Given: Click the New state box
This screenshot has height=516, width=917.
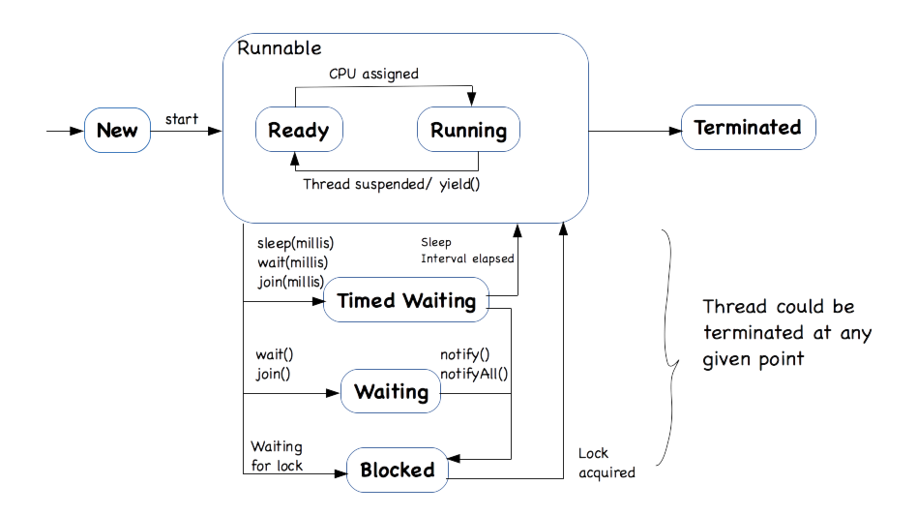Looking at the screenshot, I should tap(117, 130).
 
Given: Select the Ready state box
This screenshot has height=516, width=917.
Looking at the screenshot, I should tap(298, 130).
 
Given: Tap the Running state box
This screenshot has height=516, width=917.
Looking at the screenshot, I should tap(468, 130).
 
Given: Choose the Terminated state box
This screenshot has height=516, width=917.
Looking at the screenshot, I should tap(748, 128).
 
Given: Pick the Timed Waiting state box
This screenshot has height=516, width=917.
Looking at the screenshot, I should tap(406, 301).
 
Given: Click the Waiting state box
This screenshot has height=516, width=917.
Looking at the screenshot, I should tap(391, 391).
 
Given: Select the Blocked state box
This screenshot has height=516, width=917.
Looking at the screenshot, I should tap(398, 470).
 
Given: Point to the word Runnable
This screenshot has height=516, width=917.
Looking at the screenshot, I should tap(280, 47).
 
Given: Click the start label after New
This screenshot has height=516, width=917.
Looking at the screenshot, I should tap(182, 119).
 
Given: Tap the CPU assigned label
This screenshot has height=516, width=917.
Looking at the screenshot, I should tap(373, 73).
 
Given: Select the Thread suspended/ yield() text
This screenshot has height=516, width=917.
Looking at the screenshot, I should tap(392, 183).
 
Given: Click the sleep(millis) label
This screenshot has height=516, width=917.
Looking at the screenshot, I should tap(295, 242).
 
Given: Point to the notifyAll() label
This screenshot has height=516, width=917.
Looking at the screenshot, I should tap(474, 374).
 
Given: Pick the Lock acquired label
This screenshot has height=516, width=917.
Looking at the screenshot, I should tap(606, 463).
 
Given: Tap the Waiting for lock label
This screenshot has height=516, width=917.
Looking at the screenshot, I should tap(277, 456).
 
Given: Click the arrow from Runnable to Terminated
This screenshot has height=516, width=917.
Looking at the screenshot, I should tap(635, 130).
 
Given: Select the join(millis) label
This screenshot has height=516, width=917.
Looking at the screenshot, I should tap(291, 282).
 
